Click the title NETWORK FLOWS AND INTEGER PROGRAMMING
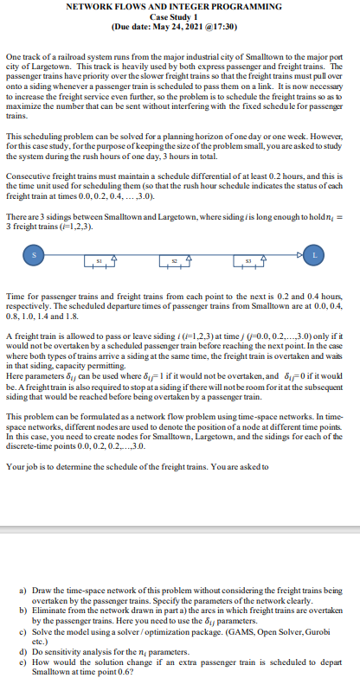180,7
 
